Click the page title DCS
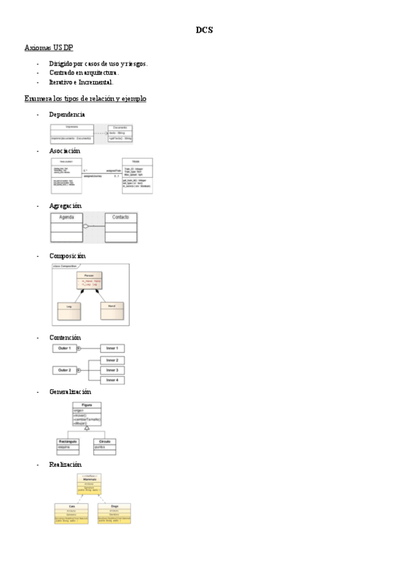pos(204,29)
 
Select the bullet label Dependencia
pos(67,114)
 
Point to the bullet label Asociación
pos(65,151)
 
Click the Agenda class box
pos(67,228)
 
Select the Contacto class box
pos(121,228)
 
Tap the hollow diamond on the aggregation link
pos(86,226)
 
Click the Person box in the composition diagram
pos(89,280)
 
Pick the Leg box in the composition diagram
pos(69,311)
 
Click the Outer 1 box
pos(65,348)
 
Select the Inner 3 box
pos(112,369)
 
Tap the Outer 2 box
pos(65,370)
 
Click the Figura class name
pos(87,405)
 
